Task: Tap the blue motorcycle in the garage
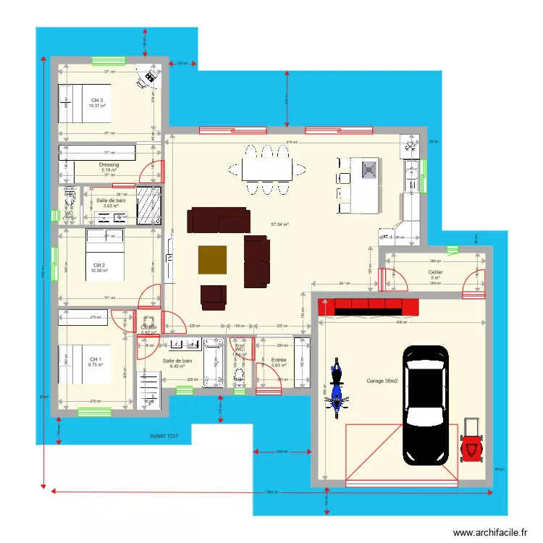[x=336, y=388]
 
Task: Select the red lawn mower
[x=471, y=439]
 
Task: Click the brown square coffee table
[x=212, y=260]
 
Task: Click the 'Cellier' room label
[x=435, y=272]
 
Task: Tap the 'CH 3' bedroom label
[x=96, y=101]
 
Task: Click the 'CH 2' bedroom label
[x=99, y=265]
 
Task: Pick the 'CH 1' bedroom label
[x=96, y=359]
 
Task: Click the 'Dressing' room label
[x=109, y=165]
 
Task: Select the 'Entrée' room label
[x=279, y=360]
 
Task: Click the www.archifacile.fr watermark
[x=491, y=533]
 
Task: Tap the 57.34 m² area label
[x=280, y=224]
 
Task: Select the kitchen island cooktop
[x=369, y=170]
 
